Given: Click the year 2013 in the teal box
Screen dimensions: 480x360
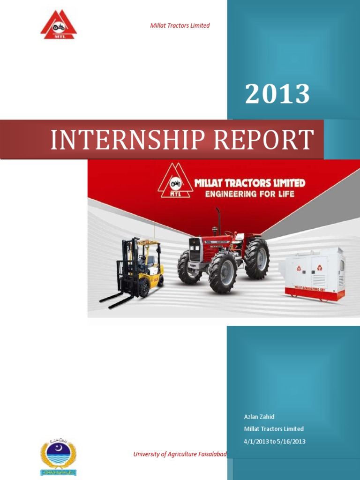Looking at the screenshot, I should (x=277, y=94).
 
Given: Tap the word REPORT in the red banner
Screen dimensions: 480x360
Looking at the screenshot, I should (x=262, y=140).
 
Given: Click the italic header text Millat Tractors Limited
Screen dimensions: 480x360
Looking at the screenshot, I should (x=180, y=26).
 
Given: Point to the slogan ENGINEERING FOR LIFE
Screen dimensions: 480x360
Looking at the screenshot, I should (x=249, y=193).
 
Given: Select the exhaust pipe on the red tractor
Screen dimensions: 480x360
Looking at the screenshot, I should (x=218, y=220).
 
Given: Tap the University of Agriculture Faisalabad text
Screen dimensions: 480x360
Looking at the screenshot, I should (x=180, y=454).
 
